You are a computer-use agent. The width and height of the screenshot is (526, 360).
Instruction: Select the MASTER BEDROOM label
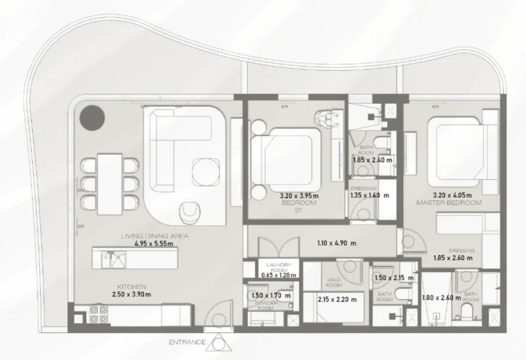click(x=449, y=204)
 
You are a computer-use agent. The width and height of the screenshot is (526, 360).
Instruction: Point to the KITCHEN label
click(x=131, y=287)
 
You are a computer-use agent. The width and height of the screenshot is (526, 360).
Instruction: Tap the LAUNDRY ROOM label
click(x=275, y=269)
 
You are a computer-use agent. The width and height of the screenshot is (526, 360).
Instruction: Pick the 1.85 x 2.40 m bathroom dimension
click(x=372, y=160)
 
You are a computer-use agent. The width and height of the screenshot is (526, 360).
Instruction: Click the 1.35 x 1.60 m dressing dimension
click(x=369, y=195)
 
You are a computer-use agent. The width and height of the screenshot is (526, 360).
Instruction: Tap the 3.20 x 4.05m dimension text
click(x=449, y=195)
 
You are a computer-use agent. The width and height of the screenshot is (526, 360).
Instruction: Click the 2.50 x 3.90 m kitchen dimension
click(x=137, y=296)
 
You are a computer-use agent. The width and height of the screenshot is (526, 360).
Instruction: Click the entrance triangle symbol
click(x=217, y=342)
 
